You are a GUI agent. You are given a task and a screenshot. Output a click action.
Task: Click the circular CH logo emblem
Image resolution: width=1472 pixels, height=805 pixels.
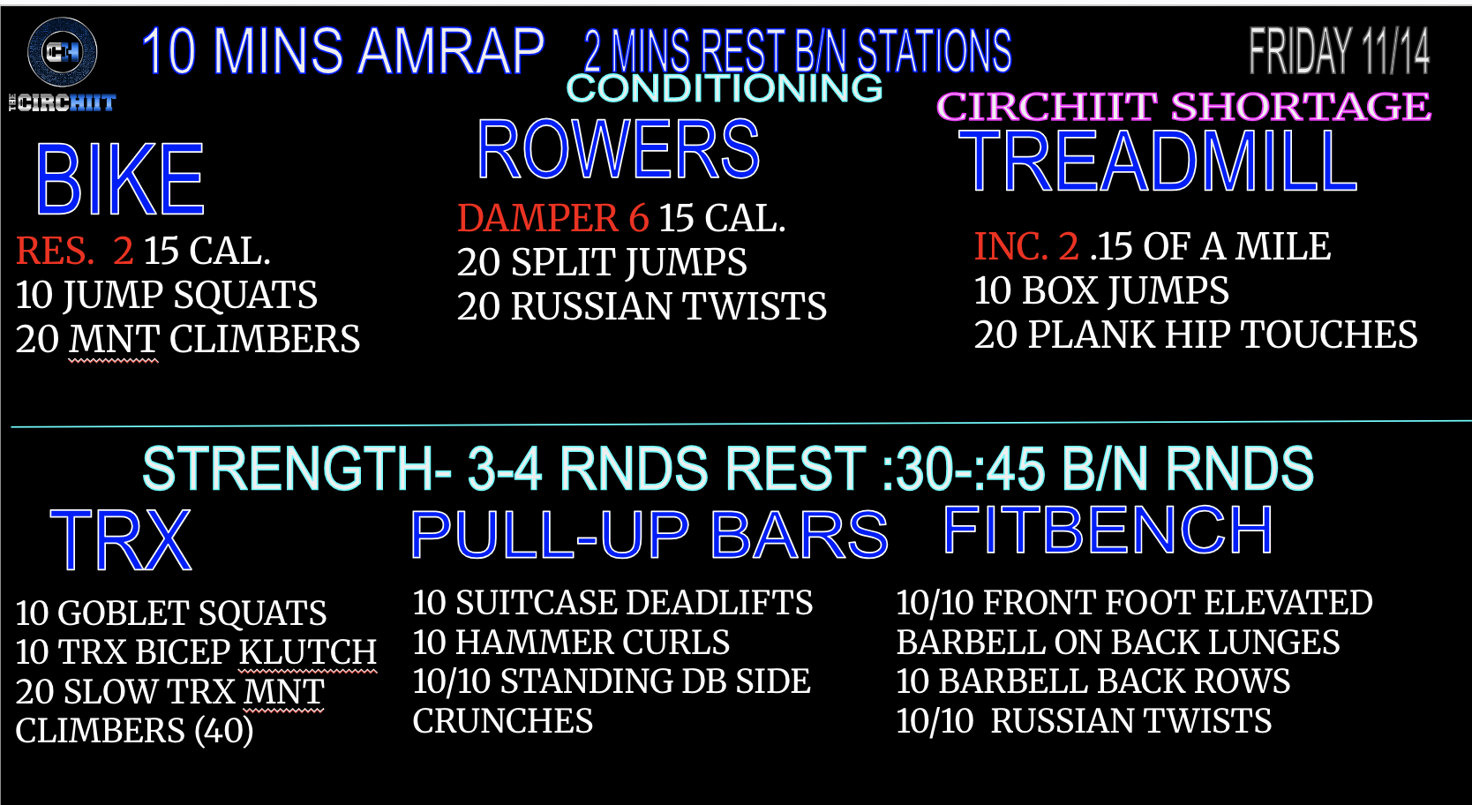63,52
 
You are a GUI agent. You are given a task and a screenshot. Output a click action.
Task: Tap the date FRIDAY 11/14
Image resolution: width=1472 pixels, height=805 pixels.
1340,51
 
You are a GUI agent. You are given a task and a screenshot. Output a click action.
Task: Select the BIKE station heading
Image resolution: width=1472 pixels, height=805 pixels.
120,180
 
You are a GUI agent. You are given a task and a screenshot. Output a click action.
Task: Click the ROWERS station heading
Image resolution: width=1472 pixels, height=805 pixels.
619,150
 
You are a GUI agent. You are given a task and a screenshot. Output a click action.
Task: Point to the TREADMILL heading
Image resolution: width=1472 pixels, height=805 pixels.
1158,161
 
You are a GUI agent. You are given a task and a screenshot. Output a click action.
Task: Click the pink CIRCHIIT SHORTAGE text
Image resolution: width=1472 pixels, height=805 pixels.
1183,107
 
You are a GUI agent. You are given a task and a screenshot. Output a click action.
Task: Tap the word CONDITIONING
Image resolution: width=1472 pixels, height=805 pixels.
725,88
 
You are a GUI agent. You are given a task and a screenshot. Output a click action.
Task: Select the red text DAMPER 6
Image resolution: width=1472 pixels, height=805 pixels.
552,217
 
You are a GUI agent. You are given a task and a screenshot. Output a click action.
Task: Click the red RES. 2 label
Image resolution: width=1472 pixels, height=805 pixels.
74,251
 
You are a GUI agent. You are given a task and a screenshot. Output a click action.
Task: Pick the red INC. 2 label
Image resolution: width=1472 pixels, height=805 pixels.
1025,246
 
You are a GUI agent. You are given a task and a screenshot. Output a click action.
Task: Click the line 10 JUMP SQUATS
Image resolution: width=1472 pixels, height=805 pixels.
166,295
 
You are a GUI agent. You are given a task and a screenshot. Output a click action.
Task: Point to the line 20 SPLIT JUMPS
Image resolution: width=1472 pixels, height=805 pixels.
602,262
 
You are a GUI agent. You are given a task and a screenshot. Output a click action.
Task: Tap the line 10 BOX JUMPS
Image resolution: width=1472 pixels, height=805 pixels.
1101,290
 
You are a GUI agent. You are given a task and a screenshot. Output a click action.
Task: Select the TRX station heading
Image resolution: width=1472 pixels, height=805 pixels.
121,541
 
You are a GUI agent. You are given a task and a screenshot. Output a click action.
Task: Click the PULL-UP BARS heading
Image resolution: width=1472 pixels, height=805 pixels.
650,534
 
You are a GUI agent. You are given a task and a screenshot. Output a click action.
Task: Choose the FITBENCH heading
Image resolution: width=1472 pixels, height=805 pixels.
1108,530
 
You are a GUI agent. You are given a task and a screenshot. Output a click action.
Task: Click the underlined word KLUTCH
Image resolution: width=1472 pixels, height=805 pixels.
307,652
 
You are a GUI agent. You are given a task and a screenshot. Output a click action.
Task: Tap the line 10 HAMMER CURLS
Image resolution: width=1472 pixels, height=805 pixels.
571,642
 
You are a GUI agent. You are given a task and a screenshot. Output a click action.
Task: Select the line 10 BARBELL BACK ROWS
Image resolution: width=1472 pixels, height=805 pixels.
1093,681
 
